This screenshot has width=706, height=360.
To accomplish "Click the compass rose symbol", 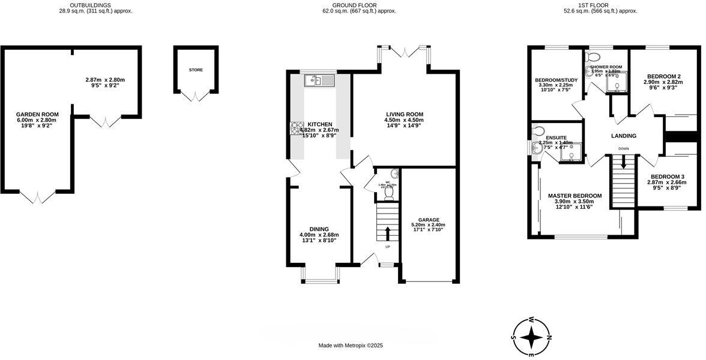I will coord(531,337).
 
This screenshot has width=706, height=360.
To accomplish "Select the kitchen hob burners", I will coord(298,128).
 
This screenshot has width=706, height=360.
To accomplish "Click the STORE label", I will coord(196,70).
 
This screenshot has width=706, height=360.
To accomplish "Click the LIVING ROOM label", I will coord(404,114).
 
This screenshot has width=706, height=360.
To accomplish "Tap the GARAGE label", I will coord(429,220).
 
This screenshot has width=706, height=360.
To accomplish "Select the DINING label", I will coord(319,229).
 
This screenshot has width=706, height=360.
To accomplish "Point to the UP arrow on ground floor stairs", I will coord(387,233).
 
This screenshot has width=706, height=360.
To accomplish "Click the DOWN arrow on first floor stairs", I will coord(624,162).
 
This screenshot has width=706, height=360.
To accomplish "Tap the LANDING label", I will coord(624,136).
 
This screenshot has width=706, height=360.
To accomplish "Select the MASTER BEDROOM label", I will coord(575,196).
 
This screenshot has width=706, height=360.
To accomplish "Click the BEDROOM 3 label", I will coord(666,176).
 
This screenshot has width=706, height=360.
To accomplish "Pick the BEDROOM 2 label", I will coord(662,76).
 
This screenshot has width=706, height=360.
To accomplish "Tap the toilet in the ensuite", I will coord(539,131).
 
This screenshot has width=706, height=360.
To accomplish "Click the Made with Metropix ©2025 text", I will coord(351,346).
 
